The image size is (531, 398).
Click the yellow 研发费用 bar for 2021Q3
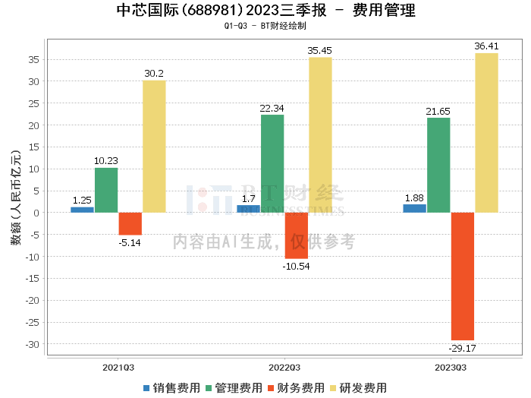click(x=154, y=147)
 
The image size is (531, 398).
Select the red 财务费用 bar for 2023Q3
click(x=463, y=276)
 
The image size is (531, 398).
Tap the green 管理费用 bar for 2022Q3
click(x=272, y=164)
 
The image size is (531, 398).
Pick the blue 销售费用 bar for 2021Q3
click(x=82, y=210)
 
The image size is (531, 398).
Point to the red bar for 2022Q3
click(x=297, y=235)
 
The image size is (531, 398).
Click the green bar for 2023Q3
click(x=438, y=165)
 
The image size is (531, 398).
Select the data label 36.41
click(x=486, y=46)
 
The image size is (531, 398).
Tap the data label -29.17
click(x=462, y=348)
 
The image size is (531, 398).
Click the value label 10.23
click(x=106, y=161)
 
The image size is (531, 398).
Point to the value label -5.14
click(x=130, y=243)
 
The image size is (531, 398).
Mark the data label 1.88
click(x=414, y=198)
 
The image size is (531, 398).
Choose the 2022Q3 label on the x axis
click(x=284, y=368)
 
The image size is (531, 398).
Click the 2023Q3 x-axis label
click(x=451, y=368)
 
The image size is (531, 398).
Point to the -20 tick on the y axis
click(x=33, y=300)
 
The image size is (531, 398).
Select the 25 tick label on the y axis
click(x=34, y=103)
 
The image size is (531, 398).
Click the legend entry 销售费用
click(x=171, y=388)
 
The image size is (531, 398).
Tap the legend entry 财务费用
click(x=296, y=388)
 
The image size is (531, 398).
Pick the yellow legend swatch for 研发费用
click(x=333, y=388)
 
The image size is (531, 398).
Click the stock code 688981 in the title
click(x=212, y=10)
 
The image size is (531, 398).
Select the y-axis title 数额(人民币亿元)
click(x=16, y=197)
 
